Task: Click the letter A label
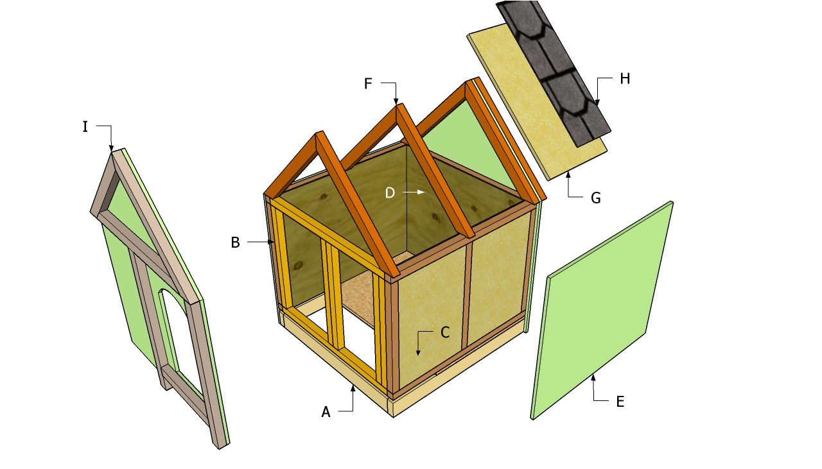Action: [326, 412]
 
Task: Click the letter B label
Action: [235, 243]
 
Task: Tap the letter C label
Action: [445, 332]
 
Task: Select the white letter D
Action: [390, 192]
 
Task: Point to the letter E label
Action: [620, 402]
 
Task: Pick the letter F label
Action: [368, 83]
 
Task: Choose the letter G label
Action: [595, 198]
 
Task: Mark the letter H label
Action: [625, 78]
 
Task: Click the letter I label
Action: [85, 127]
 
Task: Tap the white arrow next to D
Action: [414, 192]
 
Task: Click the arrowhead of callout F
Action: [396, 101]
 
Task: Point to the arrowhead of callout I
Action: [112, 148]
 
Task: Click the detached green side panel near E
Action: [602, 311]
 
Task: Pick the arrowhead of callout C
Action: [417, 352]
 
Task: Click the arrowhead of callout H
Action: [597, 103]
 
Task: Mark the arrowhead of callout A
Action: [353, 388]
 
